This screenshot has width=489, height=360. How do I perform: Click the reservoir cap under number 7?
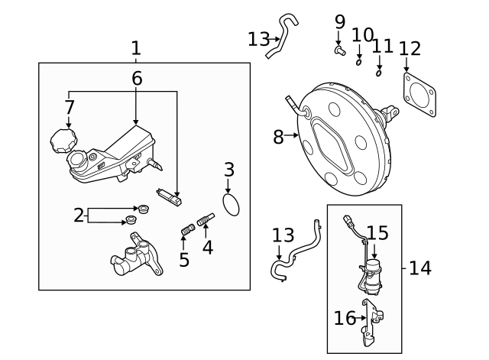63,141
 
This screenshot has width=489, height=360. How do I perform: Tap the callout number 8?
278,137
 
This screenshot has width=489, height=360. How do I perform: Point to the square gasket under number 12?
419,95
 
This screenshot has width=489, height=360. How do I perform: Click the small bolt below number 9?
340,50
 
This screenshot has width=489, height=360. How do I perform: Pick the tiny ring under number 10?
358,63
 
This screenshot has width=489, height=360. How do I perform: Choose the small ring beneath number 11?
379,73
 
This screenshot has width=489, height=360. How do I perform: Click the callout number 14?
419,268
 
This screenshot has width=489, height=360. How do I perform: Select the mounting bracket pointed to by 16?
372,323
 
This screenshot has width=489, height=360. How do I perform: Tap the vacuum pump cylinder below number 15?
372,276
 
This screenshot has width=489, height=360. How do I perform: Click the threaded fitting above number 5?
188,229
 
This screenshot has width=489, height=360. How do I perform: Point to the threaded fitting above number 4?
206,219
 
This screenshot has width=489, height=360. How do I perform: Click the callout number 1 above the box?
136,48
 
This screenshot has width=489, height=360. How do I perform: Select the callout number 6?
137,78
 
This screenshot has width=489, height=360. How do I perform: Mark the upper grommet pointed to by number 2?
144,209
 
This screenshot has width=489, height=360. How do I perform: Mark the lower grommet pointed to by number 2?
131,219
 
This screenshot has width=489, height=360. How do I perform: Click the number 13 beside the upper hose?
258,40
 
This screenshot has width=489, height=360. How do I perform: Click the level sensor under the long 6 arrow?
169,197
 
